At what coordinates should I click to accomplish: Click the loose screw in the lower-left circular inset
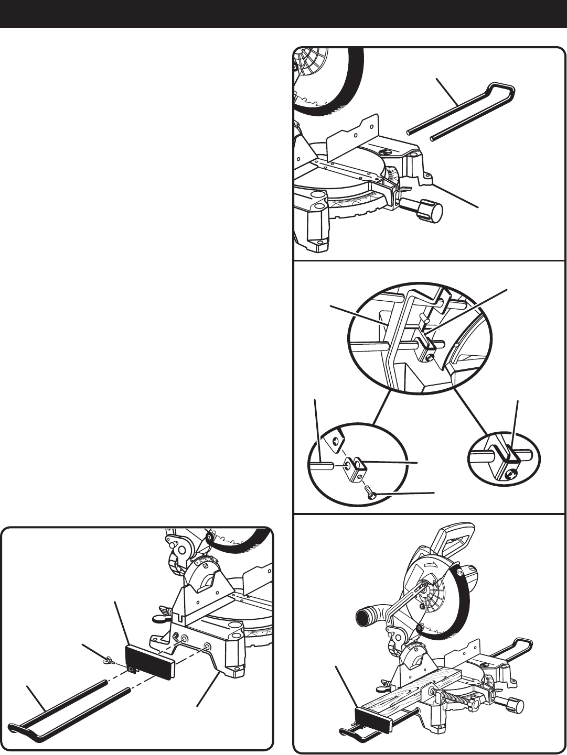(369, 492)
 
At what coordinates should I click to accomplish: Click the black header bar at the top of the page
(283, 14)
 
